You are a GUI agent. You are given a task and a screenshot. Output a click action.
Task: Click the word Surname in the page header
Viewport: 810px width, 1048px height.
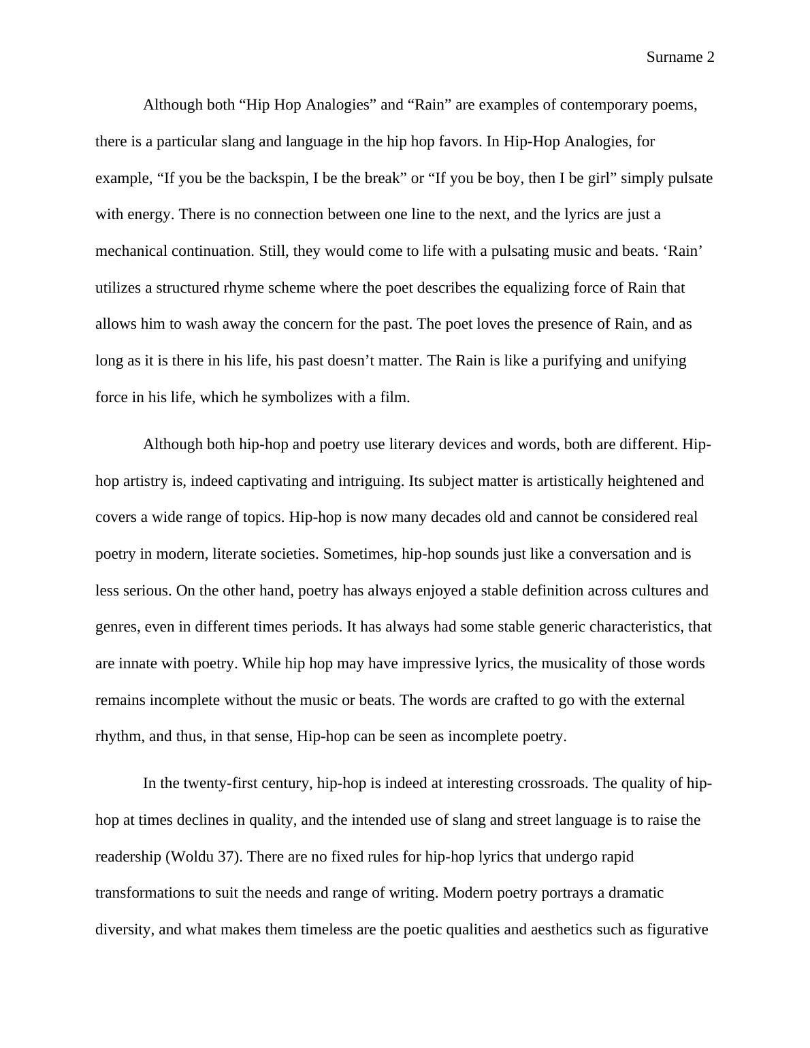pos(675,58)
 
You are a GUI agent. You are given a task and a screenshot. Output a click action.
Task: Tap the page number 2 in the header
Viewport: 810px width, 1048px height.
pos(711,58)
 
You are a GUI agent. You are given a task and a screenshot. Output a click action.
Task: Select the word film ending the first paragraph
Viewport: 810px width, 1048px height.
pos(394,397)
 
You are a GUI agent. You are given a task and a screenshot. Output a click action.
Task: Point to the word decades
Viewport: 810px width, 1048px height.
pos(449,517)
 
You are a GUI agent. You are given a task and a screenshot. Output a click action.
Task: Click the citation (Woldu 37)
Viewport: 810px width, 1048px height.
pos(204,856)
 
